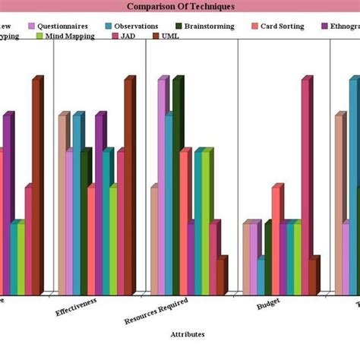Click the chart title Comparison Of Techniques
[180, 6]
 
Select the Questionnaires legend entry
[62, 26]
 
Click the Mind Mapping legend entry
[64, 36]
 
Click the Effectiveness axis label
[77, 310]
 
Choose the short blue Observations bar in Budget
[261, 276]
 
